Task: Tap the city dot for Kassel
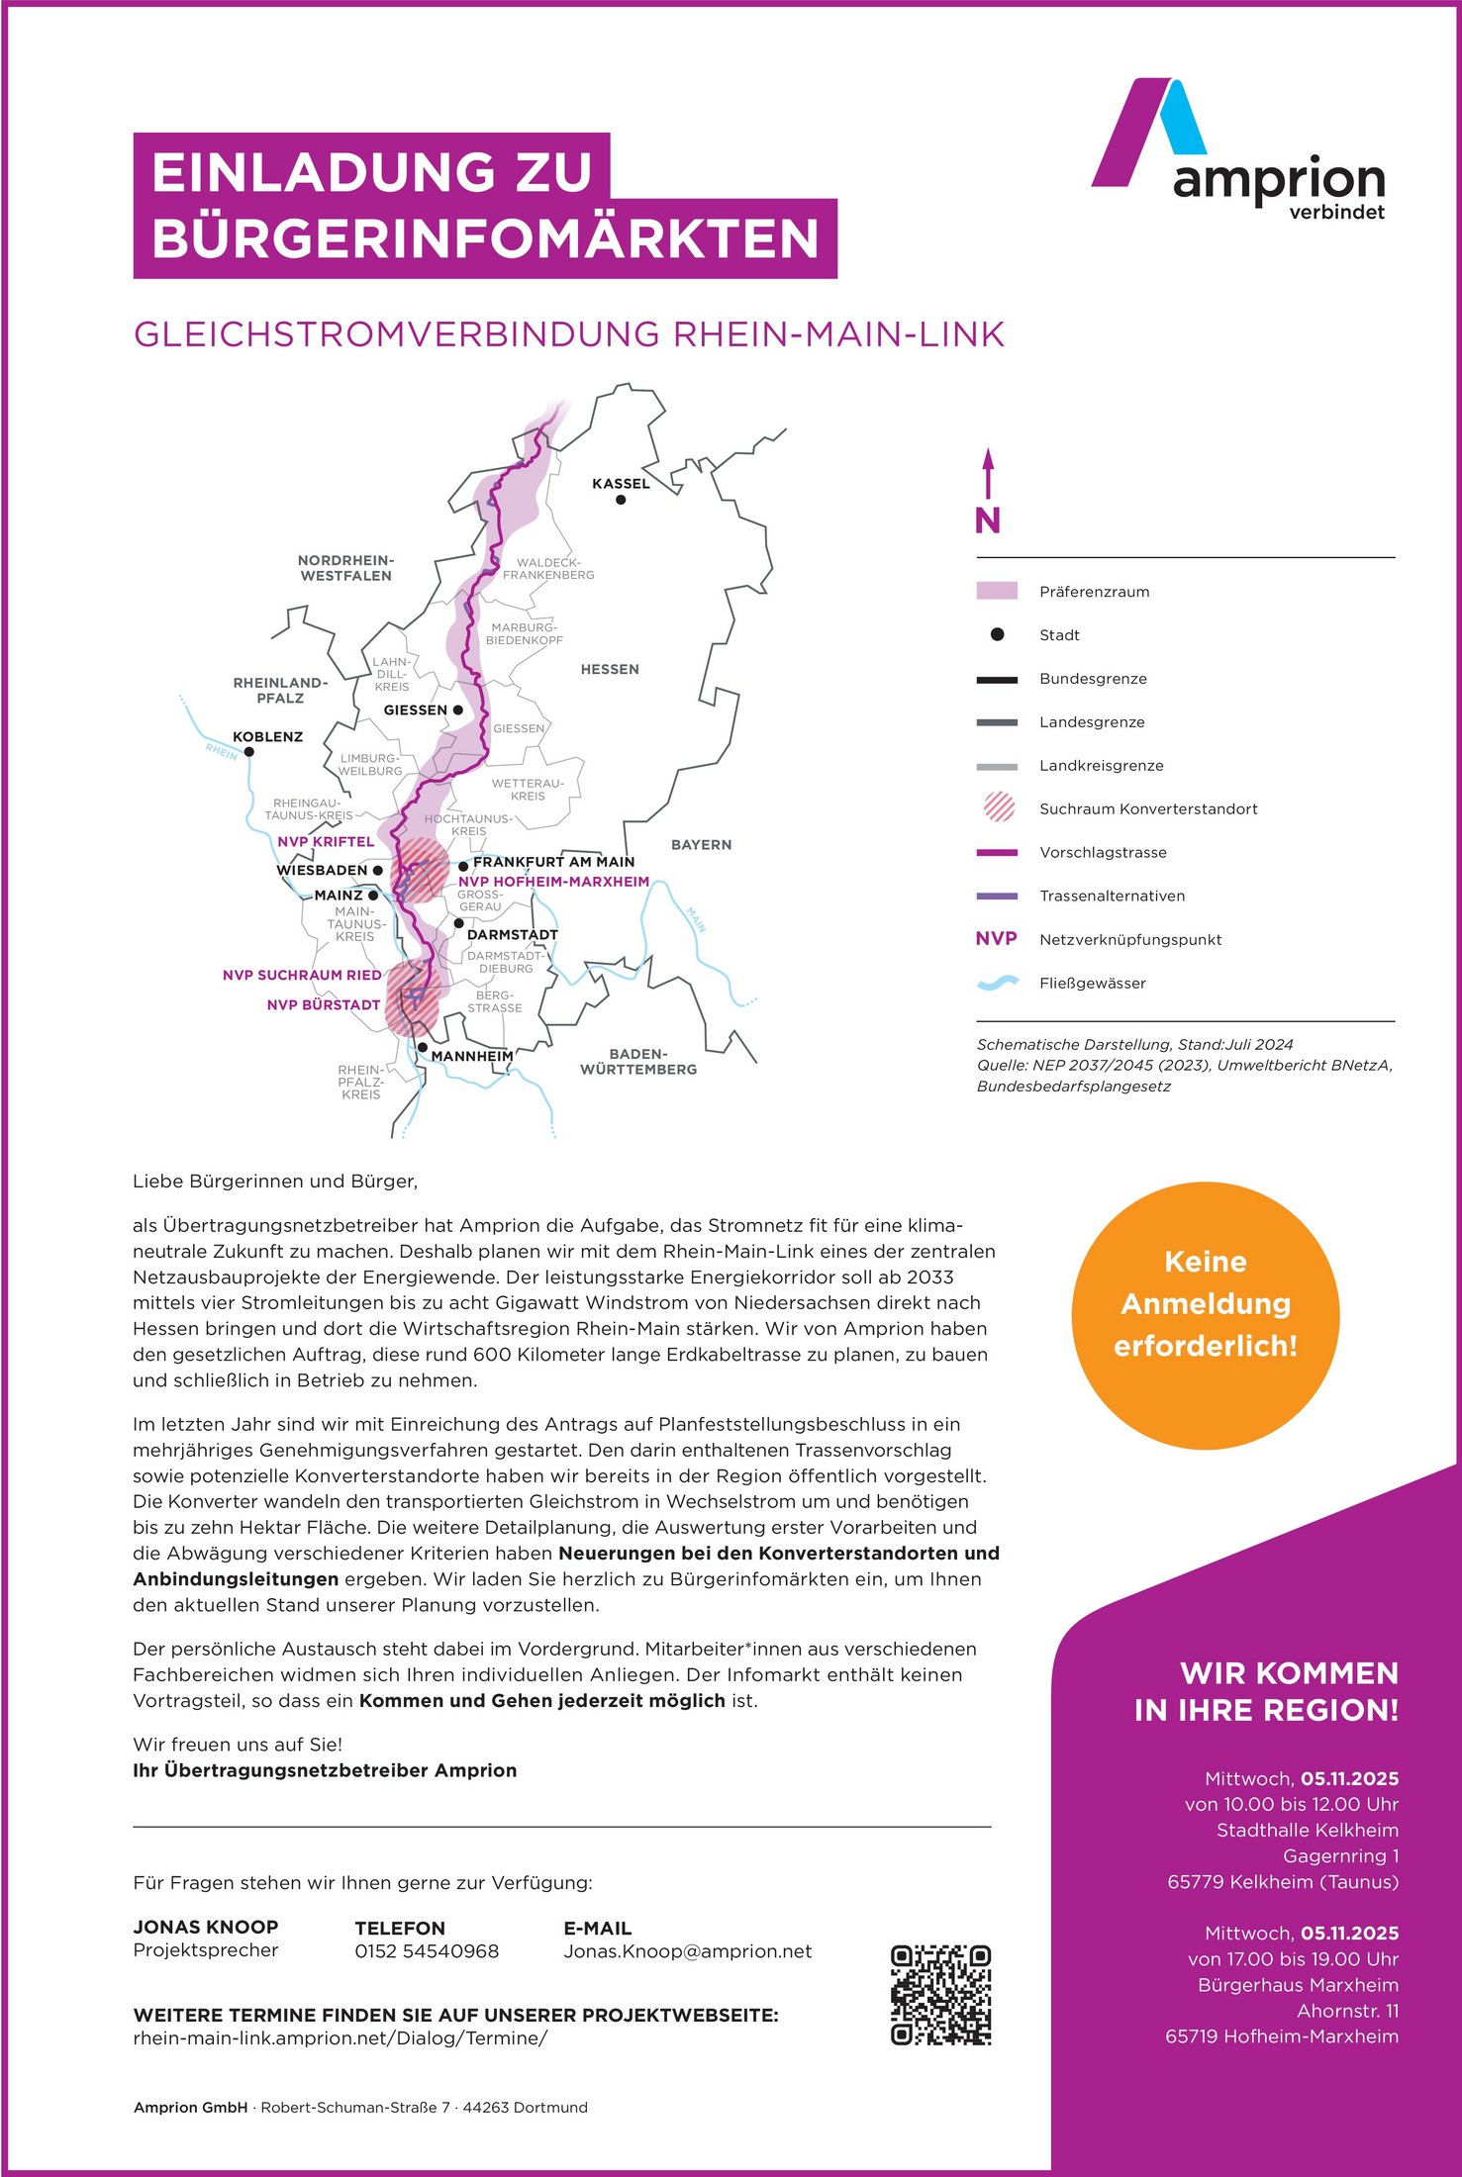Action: click(621, 500)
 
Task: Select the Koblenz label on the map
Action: click(267, 736)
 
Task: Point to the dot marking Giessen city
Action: click(458, 710)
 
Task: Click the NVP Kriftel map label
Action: click(326, 842)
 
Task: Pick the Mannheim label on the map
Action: click(472, 1056)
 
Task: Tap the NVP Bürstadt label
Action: click(324, 1004)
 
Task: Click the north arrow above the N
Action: click(987, 473)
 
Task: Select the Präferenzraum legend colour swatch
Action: click(997, 591)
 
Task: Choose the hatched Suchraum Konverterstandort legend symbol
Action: click(999, 807)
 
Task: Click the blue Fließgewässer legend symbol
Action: click(997, 983)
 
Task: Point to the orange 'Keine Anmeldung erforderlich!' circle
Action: click(1205, 1315)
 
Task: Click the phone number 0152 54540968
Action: click(427, 1951)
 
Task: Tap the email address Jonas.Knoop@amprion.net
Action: click(687, 1951)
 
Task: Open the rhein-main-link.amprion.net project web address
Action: click(340, 2038)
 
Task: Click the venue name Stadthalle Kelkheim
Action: click(1307, 1830)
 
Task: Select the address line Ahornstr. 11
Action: click(1347, 2010)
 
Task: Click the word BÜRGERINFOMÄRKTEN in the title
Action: click(485, 238)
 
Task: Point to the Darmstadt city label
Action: click(512, 934)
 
